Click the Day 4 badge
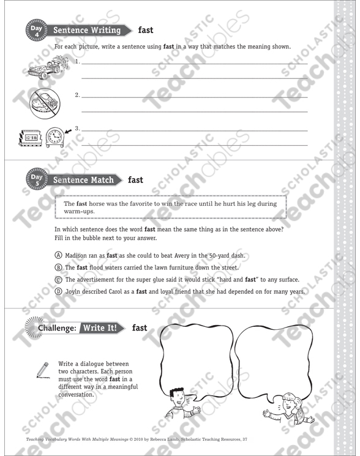(x=36, y=30)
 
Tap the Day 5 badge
(x=36, y=180)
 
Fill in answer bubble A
(x=58, y=255)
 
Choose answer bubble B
(x=58, y=267)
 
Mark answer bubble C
(x=58, y=280)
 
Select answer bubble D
(x=58, y=292)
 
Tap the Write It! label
(x=102, y=328)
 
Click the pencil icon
(x=42, y=370)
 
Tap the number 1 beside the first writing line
(x=77, y=62)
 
